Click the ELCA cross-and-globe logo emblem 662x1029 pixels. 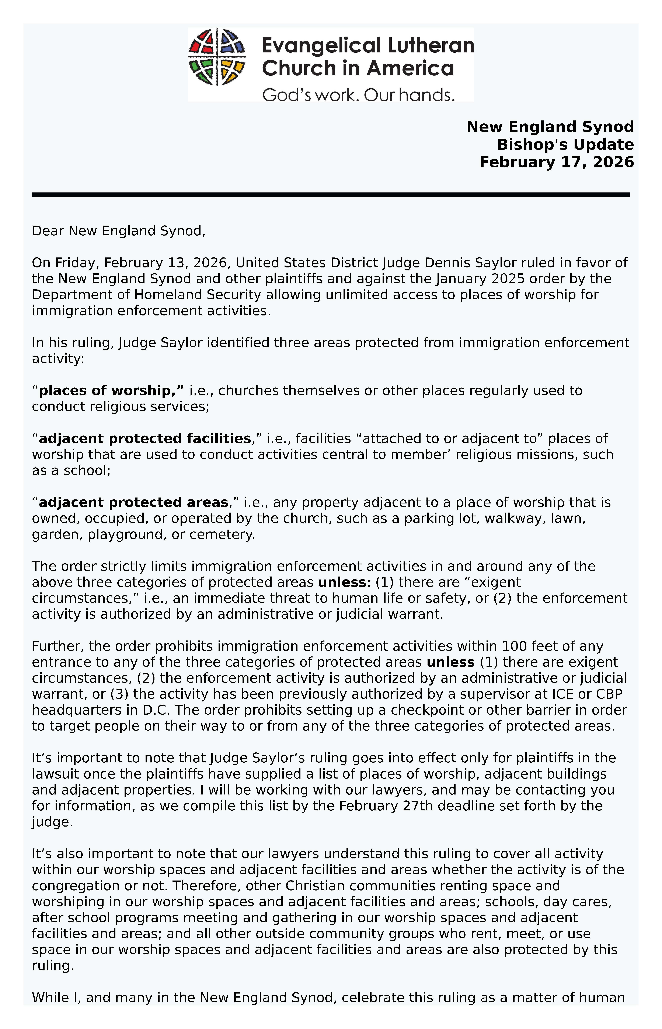[x=217, y=57]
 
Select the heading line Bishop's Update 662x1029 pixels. [x=565, y=145]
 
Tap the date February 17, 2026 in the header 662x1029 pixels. [x=557, y=162]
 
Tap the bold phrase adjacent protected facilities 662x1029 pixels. [x=145, y=438]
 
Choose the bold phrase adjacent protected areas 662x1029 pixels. [x=133, y=502]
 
